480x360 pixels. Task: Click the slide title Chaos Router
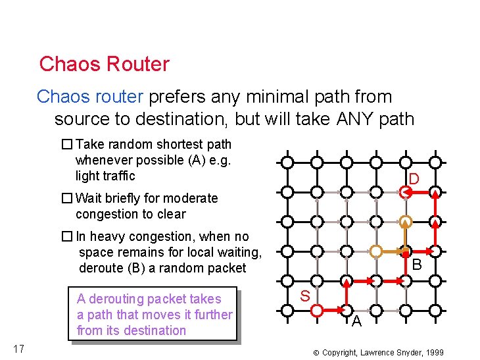point(104,64)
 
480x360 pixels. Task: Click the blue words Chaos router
point(89,97)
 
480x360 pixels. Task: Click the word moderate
point(191,198)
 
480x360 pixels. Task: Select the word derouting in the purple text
point(116,299)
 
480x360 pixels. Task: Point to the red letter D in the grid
point(414,179)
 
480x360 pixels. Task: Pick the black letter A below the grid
point(356,321)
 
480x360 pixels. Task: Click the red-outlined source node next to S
point(316,309)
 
